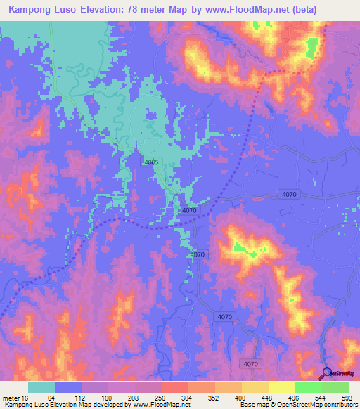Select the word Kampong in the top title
(x=30, y=10)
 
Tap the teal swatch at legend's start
(x=41, y=388)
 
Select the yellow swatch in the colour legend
(x=281, y=388)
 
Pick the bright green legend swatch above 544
(x=308, y=388)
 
